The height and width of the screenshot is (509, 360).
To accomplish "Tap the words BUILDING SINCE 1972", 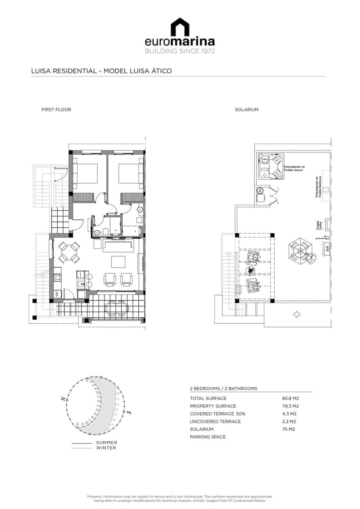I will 180,51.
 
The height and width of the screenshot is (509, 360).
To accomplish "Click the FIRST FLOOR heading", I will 56,109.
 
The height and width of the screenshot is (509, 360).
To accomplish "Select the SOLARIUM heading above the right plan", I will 247,109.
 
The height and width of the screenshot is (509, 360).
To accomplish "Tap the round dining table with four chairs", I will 68,252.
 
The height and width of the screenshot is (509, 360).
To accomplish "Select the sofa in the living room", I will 118,245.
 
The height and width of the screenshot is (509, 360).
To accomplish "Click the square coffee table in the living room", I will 118,262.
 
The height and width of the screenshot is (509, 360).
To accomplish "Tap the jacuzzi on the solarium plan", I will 270,167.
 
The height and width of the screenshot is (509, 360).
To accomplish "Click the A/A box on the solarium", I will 327,249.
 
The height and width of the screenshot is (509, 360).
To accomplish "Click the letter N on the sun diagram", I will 63,399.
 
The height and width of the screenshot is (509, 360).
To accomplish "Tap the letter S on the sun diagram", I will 129,412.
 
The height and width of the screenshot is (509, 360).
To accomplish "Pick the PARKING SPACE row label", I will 208,437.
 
